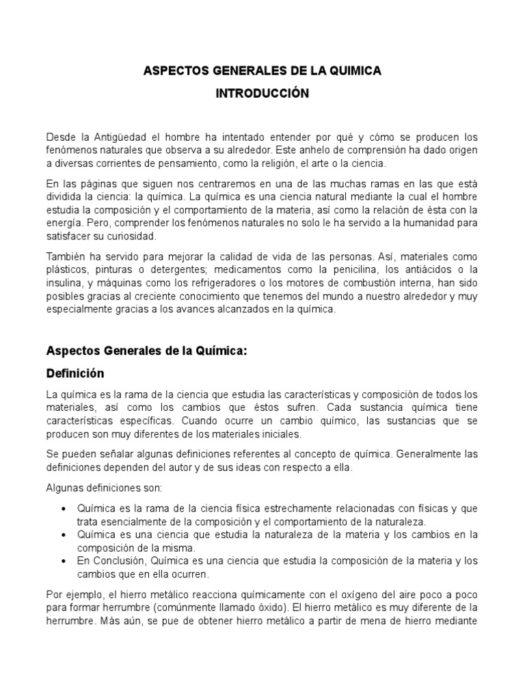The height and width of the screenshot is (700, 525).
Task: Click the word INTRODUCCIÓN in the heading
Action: pos(262,94)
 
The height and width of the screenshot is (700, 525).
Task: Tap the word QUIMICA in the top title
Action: pos(353,71)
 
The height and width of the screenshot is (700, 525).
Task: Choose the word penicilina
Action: pos(327,269)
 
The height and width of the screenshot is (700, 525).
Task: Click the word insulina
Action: pos(65,282)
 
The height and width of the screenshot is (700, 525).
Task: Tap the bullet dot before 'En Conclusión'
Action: pos(64,561)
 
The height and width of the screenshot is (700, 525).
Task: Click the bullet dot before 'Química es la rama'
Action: pos(64,509)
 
